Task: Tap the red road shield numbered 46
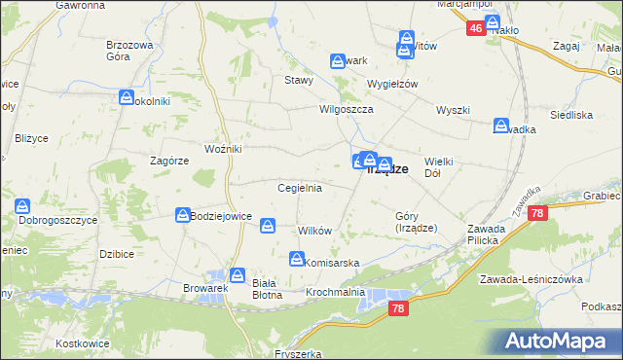tap(475, 29)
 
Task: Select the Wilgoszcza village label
tap(348, 110)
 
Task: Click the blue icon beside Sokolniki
tap(127, 97)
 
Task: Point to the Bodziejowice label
tap(222, 216)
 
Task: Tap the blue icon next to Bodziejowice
tap(182, 215)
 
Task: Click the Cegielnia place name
tap(300, 188)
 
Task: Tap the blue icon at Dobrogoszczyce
tap(22, 206)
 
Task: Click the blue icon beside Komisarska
tap(296, 259)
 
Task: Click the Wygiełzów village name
tap(391, 84)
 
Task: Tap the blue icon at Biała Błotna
tap(237, 275)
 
